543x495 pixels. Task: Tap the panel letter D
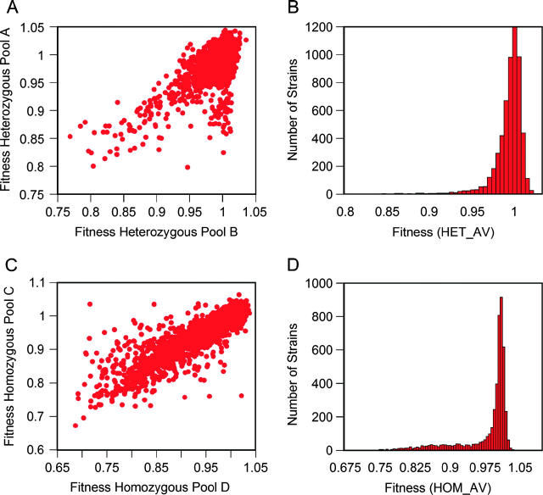(x=289, y=258)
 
